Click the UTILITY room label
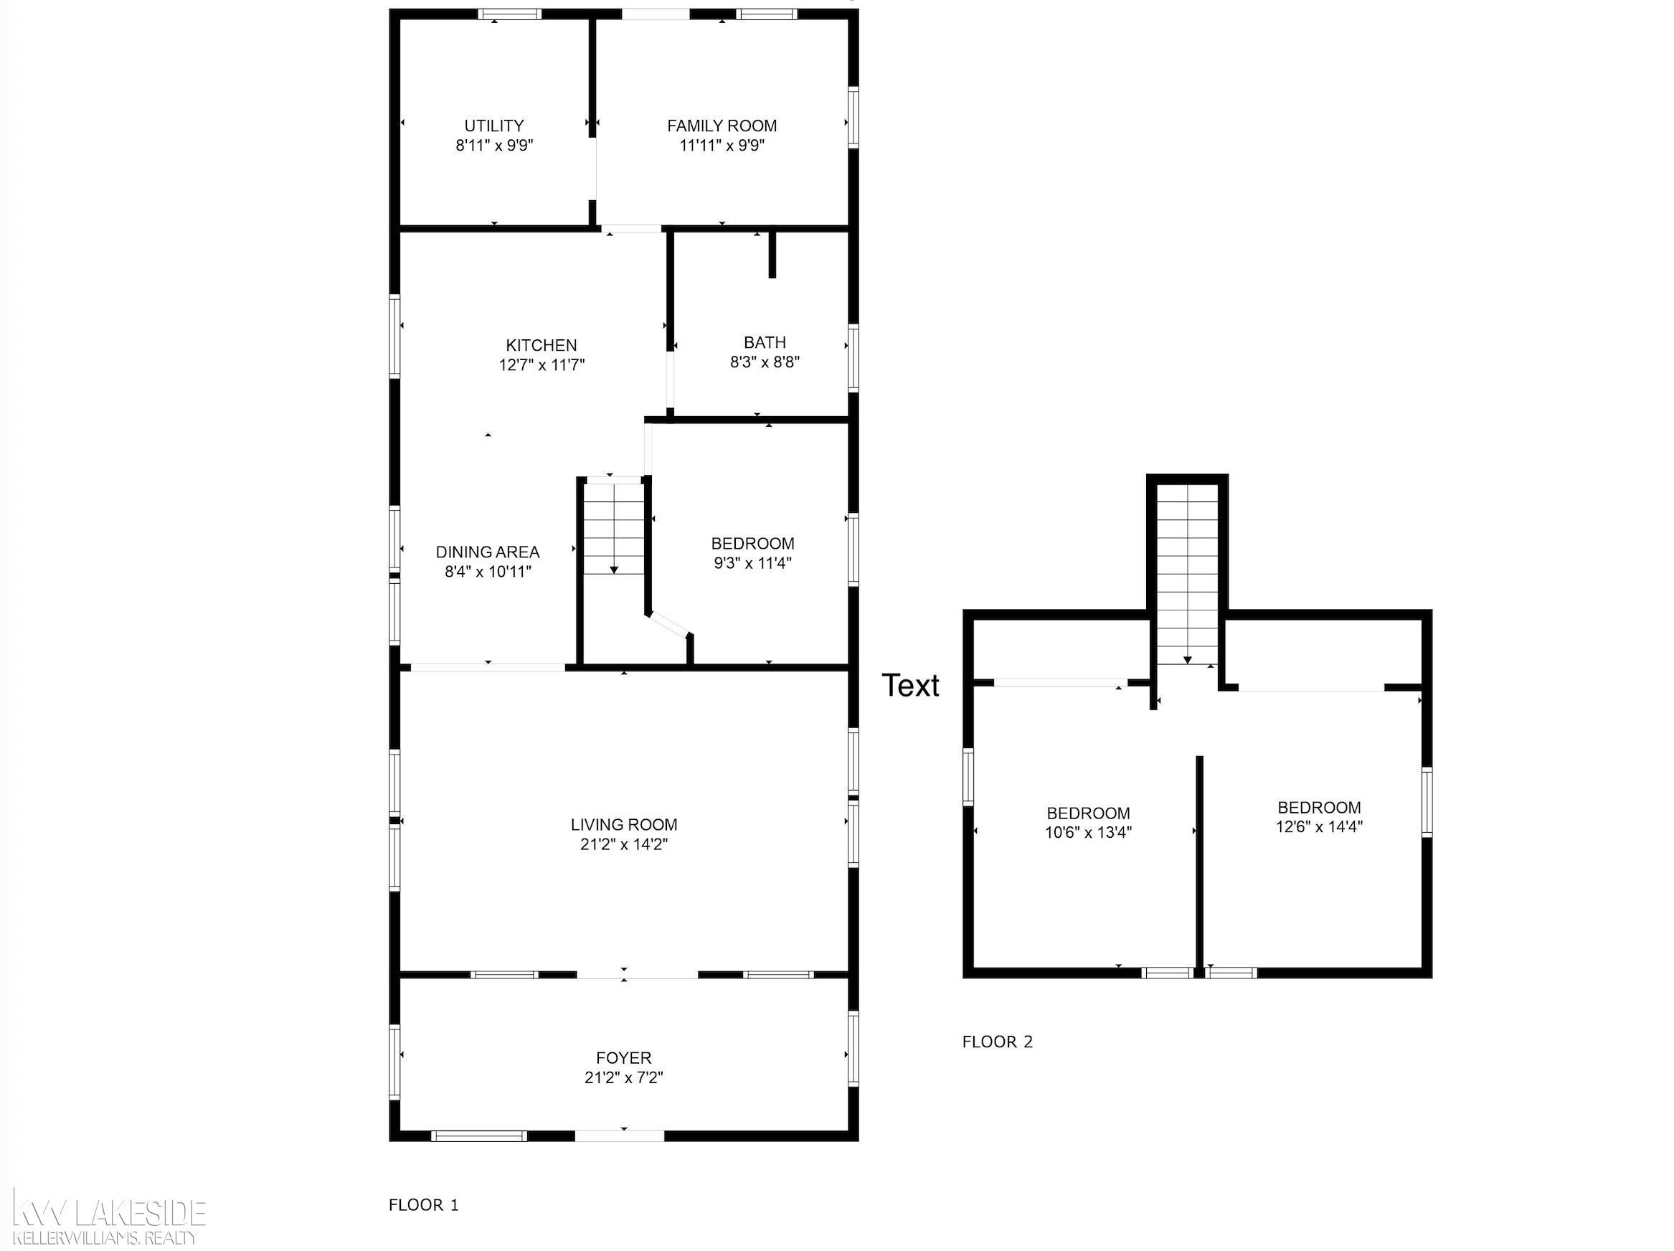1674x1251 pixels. tap(494, 126)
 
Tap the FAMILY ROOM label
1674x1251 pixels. tap(722, 126)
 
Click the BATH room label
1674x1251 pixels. tap(765, 342)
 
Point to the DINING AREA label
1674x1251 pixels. tap(488, 552)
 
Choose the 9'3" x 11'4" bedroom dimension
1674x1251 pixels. tap(753, 563)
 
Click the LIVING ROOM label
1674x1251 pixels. tap(625, 824)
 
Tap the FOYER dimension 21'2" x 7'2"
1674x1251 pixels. tap(625, 1077)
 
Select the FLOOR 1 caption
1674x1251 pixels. tap(424, 1205)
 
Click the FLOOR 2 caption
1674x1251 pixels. tap(998, 1042)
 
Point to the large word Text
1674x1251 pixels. tap(910, 686)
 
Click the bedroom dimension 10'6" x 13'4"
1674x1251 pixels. tap(1088, 833)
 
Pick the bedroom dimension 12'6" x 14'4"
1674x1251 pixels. tap(1319, 826)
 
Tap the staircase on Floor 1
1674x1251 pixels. tap(614, 527)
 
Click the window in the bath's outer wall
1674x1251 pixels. tap(853, 358)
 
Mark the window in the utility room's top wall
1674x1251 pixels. tap(509, 14)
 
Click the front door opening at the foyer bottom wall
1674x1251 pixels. tap(620, 1136)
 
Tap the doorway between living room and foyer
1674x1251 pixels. tap(637, 975)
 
